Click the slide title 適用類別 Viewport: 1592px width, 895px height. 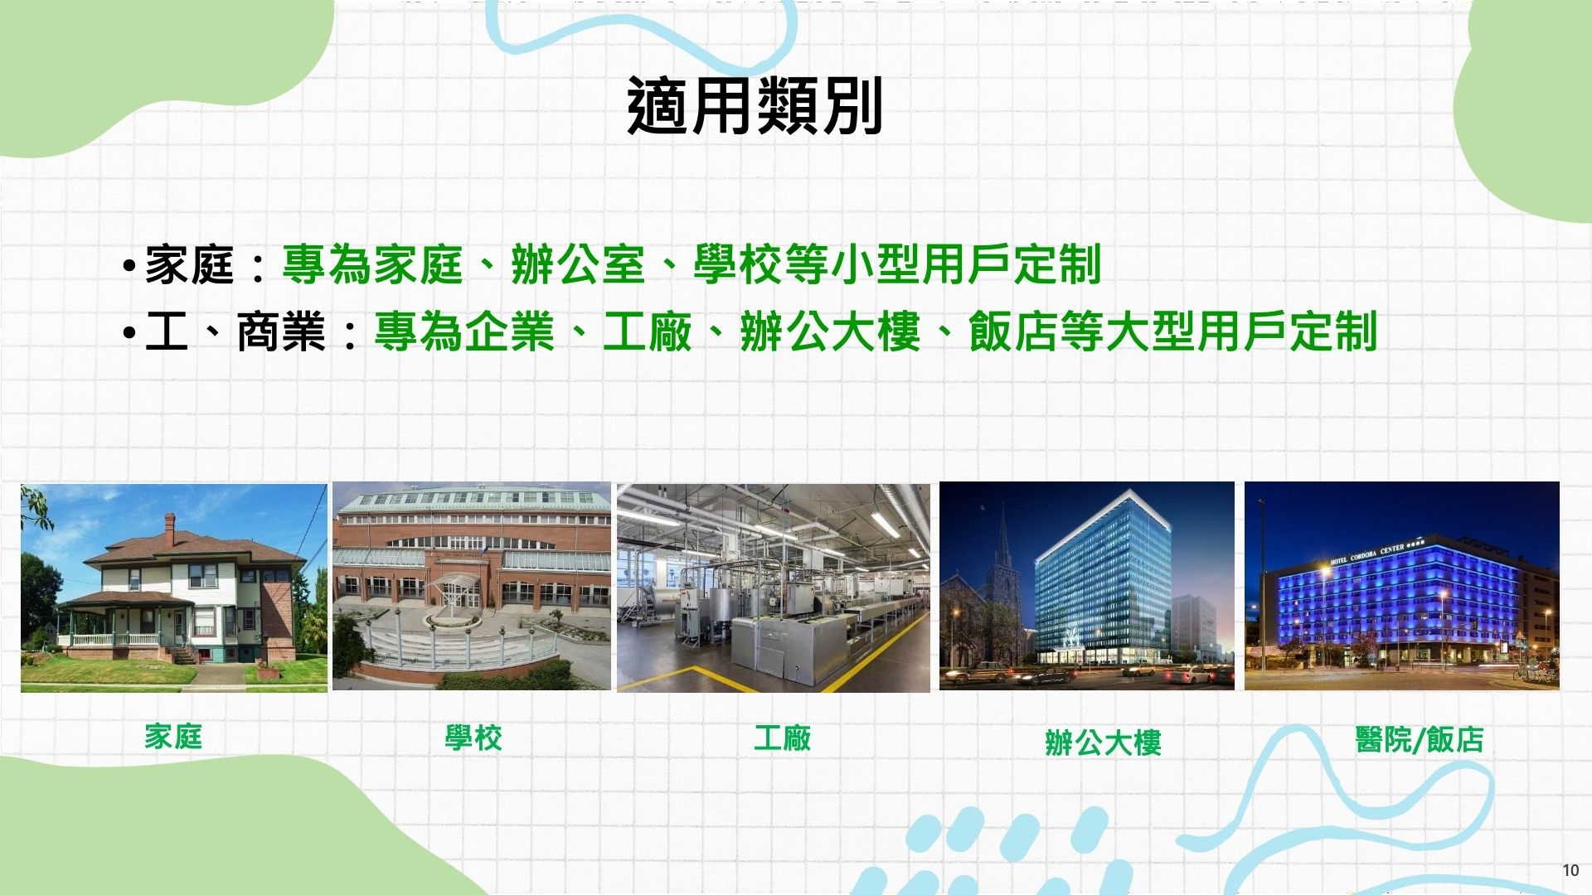tap(755, 106)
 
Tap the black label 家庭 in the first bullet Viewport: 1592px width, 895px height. tap(189, 265)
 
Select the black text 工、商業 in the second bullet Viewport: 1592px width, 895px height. tap(235, 331)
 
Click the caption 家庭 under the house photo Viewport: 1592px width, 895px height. tap(173, 737)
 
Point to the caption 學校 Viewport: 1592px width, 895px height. tap(473, 738)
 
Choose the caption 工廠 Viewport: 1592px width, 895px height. tap(783, 738)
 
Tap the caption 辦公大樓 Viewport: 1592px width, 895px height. tap(1103, 743)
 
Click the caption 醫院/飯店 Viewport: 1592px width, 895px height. tap(1420, 739)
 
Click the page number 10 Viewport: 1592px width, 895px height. tap(1570, 870)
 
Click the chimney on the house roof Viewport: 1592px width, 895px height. tap(170, 528)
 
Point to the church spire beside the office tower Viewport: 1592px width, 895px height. tap(1004, 539)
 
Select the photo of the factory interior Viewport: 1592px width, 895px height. tap(774, 588)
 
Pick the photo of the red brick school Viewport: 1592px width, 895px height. tap(471, 586)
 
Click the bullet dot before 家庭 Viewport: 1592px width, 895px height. tap(129, 267)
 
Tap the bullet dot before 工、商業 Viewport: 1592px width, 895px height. tap(129, 333)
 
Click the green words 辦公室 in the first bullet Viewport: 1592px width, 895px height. tap(578, 265)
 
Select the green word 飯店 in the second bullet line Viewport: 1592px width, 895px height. tap(1012, 331)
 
